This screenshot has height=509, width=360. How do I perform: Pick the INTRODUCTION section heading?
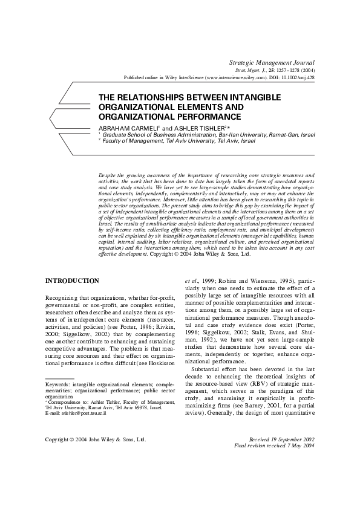pyautogui.click(x=73, y=280)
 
